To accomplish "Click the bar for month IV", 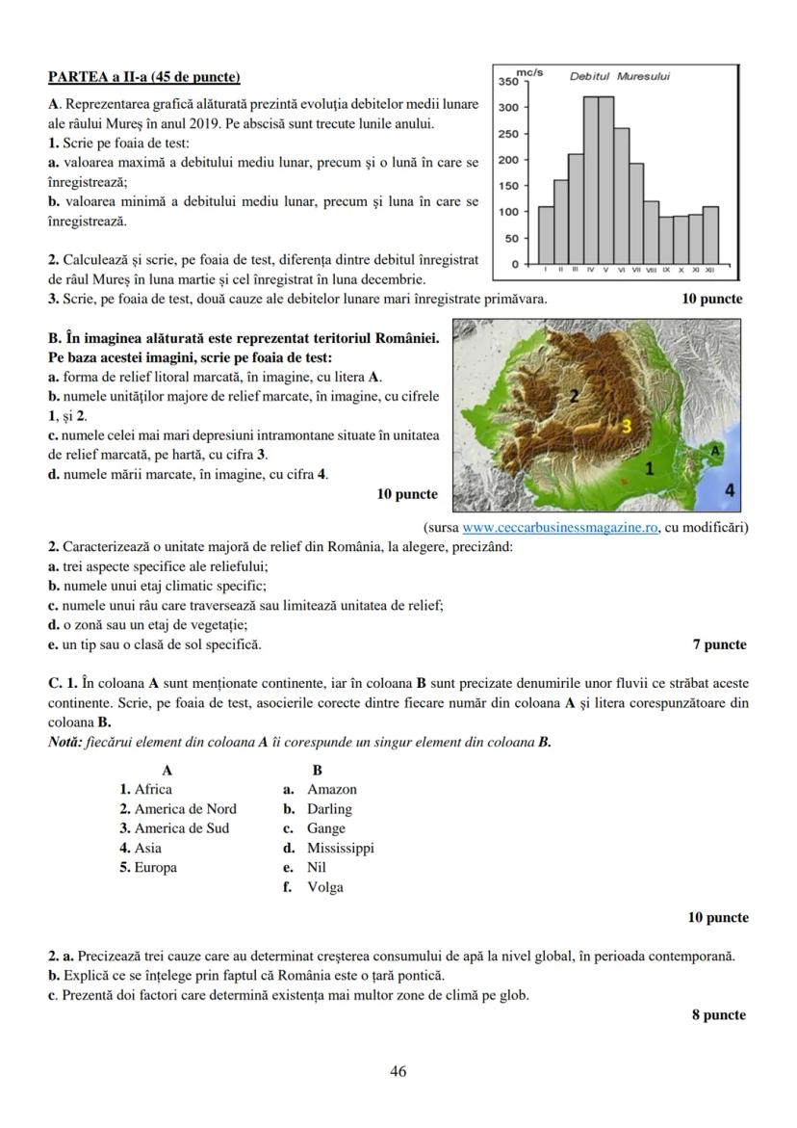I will [x=591, y=180].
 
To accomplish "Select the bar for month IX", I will [x=666, y=240].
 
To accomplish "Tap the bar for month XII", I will [x=710, y=234].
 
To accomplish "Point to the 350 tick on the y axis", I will [x=508, y=82].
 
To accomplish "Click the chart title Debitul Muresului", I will [x=620, y=76].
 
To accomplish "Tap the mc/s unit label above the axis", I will [x=529, y=72].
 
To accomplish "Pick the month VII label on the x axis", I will [x=636, y=271].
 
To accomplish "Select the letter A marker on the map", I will [x=715, y=450].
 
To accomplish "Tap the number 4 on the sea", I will [x=729, y=490].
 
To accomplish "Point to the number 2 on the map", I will [x=575, y=395].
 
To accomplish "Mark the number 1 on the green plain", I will [x=649, y=469].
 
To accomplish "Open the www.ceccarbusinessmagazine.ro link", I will [x=560, y=527].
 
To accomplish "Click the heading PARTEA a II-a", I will [x=144, y=76].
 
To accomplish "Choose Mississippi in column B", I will [x=340, y=848].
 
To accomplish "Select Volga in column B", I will [x=324, y=887].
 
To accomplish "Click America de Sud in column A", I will [x=174, y=828].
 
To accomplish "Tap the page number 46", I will [x=398, y=1071].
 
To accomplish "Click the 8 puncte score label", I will [x=718, y=1014].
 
